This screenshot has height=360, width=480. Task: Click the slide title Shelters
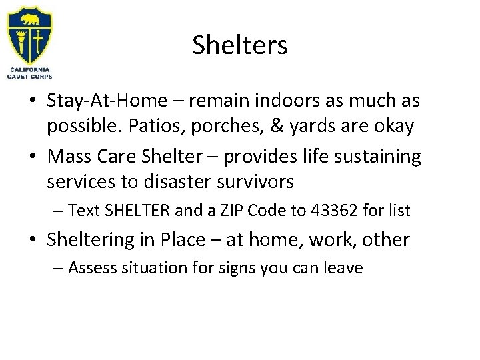coord(240,45)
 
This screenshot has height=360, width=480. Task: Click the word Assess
coord(90,269)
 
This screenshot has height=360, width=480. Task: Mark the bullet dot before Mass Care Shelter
coord(32,157)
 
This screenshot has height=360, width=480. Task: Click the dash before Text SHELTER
coord(59,211)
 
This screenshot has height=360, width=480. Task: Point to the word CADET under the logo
coord(18,75)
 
